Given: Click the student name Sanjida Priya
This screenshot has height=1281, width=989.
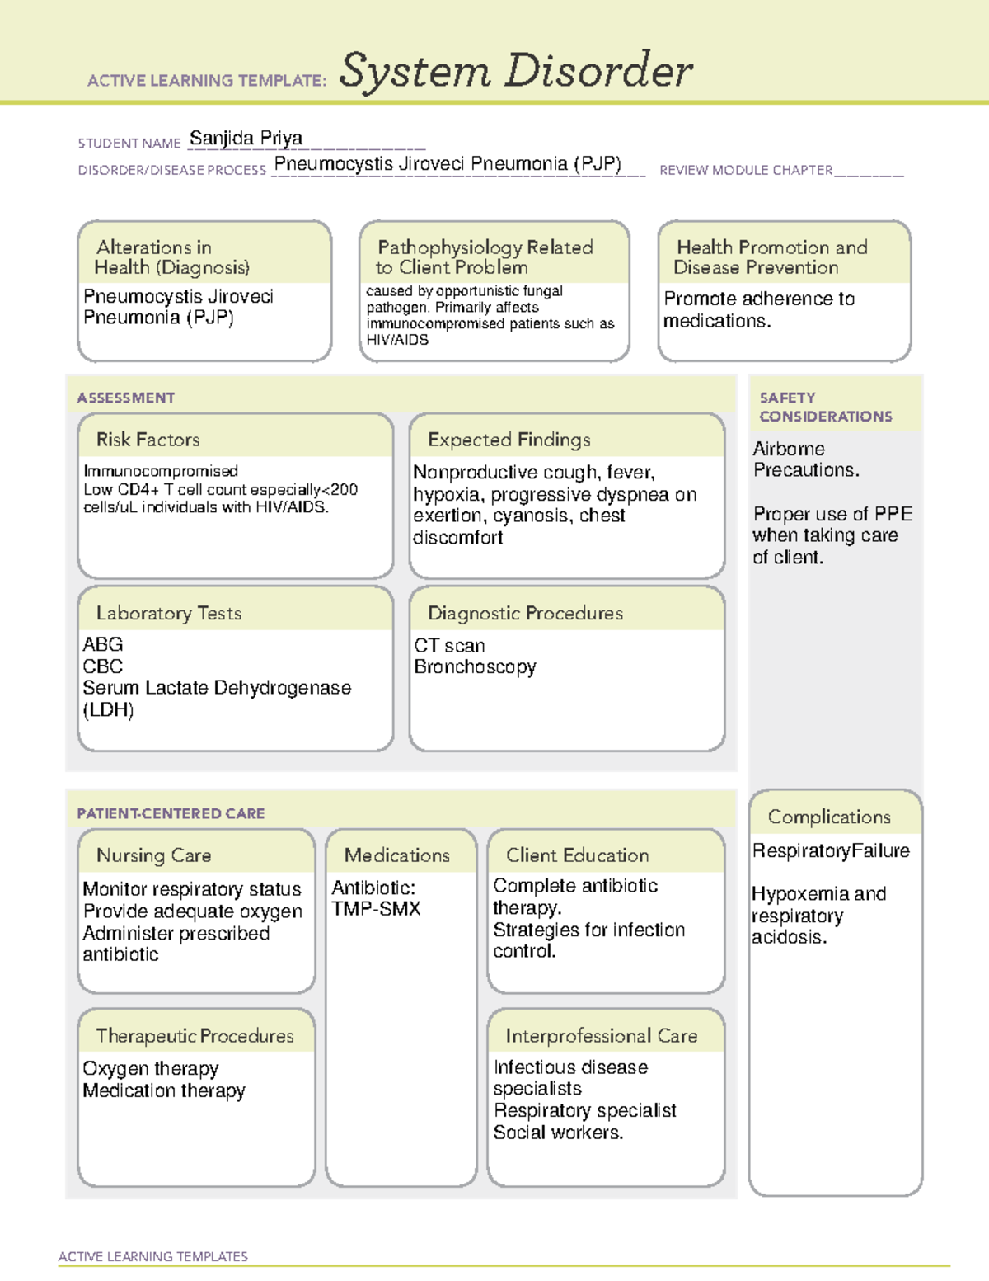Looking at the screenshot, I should point(246,139).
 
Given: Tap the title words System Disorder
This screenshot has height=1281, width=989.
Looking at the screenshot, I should point(516,71).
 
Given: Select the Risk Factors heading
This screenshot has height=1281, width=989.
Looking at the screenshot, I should point(148,440).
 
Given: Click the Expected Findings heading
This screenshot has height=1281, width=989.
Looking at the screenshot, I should point(509,440).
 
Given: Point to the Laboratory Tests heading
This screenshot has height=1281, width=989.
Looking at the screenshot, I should point(168,613).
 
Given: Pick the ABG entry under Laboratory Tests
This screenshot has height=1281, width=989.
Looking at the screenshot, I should point(103,644).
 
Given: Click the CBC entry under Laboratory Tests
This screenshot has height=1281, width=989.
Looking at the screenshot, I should point(103,666).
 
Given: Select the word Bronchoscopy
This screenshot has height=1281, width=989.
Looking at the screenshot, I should point(475,666).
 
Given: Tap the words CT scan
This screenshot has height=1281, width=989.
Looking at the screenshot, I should point(449,645).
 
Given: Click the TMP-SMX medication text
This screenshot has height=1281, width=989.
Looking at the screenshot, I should point(376,909).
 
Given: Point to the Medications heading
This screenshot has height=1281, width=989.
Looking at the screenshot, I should point(396,855).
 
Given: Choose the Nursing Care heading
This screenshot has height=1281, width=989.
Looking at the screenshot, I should point(153,855).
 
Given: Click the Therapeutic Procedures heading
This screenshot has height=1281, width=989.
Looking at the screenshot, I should point(195,1035).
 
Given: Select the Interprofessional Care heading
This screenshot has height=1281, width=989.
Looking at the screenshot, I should point(601,1035).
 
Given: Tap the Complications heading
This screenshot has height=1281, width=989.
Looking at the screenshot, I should point(829,817).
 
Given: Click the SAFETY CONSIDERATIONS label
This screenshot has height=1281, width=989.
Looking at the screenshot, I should point(825,407).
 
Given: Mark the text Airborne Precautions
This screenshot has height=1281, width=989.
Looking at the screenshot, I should point(805,459).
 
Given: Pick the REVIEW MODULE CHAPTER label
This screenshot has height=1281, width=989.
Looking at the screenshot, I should point(746,170).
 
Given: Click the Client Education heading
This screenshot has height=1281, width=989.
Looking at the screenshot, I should point(577,855).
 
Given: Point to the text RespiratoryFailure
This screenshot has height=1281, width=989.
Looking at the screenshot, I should point(831,850).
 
